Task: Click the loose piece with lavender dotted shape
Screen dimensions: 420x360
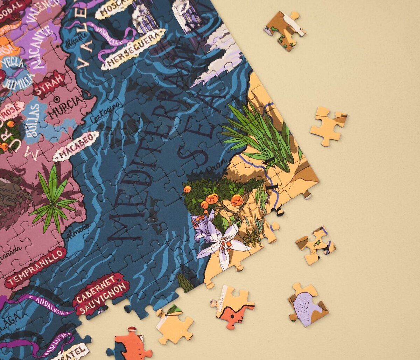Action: click(x=308, y=304)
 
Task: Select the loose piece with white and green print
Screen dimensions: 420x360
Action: click(x=285, y=30)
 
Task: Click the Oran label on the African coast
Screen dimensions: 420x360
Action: click(x=212, y=170)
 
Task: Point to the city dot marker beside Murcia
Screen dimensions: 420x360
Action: click(x=56, y=100)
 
